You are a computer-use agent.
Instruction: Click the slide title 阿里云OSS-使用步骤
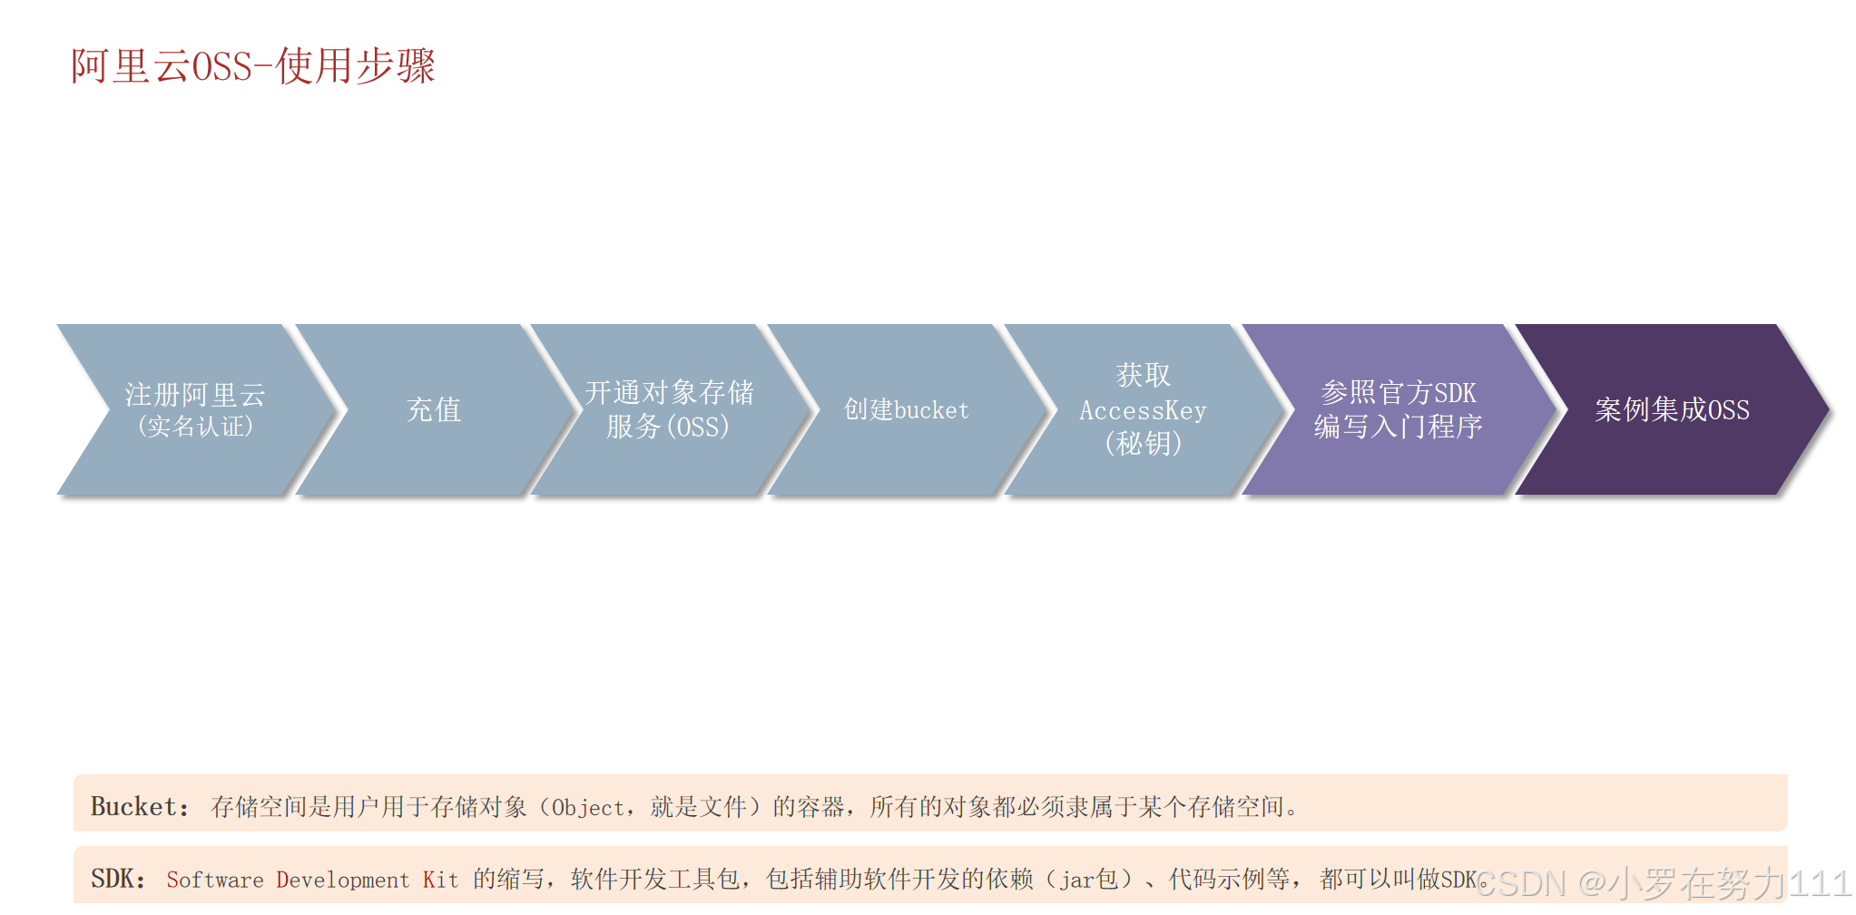pyautogui.click(x=253, y=66)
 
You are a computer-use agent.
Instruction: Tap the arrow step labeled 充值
pyautogui.click(x=434, y=409)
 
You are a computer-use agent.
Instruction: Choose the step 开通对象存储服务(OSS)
pyautogui.click(x=669, y=409)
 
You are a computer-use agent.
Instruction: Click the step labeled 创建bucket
pyautogui.click(x=906, y=409)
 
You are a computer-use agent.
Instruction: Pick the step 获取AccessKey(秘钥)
pyautogui.click(x=1143, y=409)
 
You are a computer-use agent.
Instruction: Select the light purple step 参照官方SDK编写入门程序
pyautogui.click(x=1398, y=409)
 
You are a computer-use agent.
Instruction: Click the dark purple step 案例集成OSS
pyautogui.click(x=1672, y=409)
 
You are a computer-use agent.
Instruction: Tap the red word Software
pyautogui.click(x=215, y=880)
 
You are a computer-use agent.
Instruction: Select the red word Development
pyautogui.click(x=343, y=880)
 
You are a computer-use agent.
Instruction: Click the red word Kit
pyautogui.click(x=440, y=880)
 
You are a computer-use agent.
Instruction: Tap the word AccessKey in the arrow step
pyautogui.click(x=1143, y=411)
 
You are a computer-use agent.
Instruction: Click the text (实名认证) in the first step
pyautogui.click(x=195, y=427)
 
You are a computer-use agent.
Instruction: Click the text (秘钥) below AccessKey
pyautogui.click(x=1143, y=444)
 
